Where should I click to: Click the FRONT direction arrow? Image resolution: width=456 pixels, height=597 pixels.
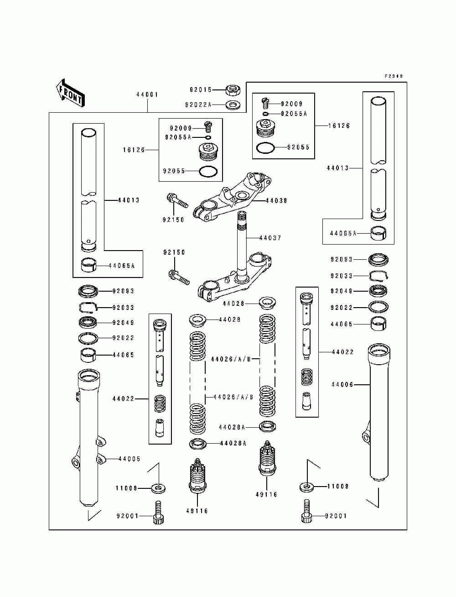(70, 93)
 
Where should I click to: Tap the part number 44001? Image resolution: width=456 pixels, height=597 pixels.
(147, 94)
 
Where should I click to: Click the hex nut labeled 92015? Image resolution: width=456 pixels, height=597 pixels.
(233, 90)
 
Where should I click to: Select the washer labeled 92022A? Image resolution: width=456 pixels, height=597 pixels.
(233, 105)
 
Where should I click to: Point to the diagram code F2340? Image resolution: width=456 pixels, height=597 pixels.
(394, 76)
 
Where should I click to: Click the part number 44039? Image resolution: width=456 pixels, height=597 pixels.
(276, 201)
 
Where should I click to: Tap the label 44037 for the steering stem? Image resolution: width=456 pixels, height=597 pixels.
(270, 238)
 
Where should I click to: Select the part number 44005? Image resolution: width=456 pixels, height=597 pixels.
(130, 459)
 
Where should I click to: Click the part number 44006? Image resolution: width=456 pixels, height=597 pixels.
(342, 385)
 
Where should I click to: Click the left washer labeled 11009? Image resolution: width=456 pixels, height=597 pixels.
(158, 488)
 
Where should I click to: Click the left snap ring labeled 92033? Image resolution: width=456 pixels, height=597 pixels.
(88, 307)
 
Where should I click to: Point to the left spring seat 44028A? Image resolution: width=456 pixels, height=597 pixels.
(198, 444)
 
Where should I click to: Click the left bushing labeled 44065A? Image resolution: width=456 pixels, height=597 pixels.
(89, 265)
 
